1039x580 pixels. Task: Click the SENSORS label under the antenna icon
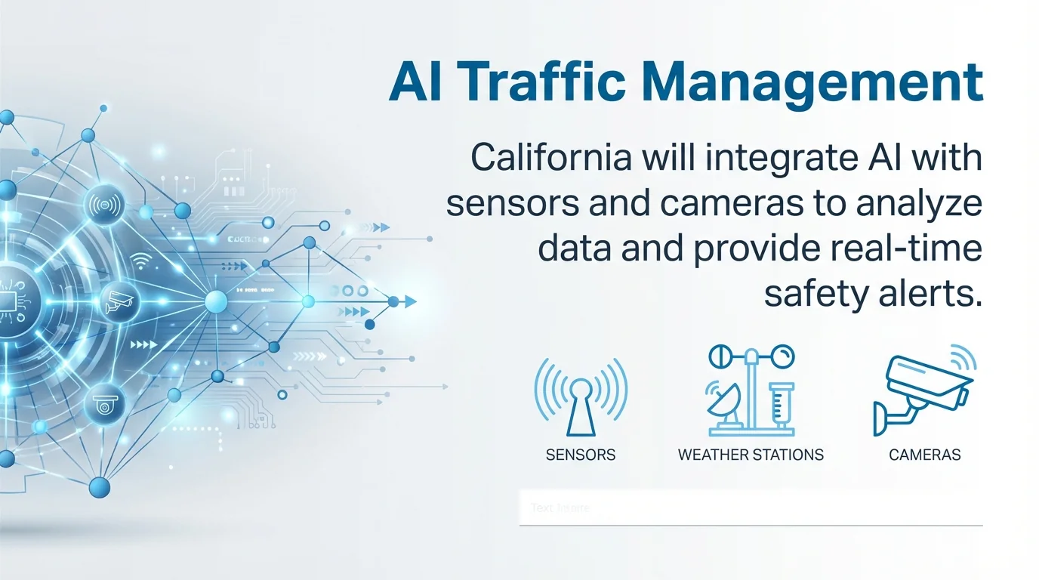click(580, 455)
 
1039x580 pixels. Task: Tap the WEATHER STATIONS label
click(751, 455)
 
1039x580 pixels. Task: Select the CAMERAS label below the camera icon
click(925, 455)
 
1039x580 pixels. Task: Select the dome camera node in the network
click(105, 406)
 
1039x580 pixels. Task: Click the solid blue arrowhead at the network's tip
click(410, 301)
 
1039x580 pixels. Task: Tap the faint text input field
click(751, 507)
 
